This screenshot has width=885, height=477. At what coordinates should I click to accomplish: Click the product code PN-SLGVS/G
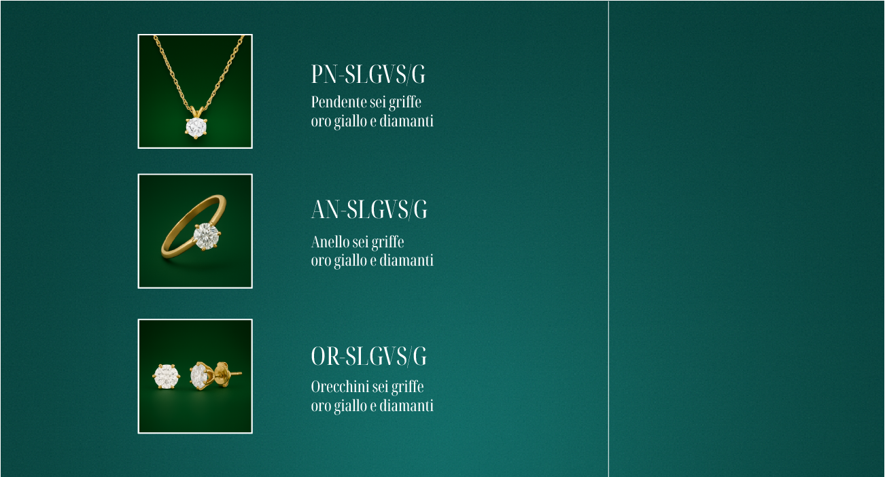tap(368, 75)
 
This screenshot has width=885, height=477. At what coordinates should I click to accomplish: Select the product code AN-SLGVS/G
tap(369, 210)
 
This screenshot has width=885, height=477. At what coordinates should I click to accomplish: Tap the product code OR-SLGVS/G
tap(369, 356)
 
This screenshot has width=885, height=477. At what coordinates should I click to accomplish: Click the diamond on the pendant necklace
tap(196, 127)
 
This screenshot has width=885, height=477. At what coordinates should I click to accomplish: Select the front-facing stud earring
tap(166, 376)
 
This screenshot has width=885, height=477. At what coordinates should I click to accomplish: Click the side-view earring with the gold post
tap(200, 375)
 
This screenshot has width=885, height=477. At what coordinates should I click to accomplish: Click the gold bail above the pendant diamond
tap(196, 111)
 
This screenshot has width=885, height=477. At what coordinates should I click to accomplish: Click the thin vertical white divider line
tap(608, 238)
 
